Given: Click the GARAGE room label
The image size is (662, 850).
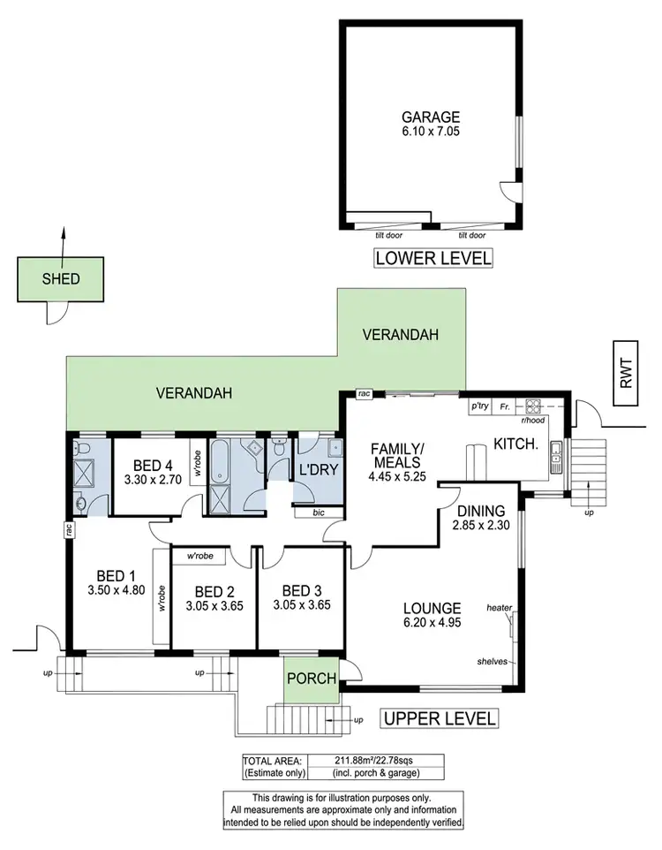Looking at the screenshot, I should [433, 116].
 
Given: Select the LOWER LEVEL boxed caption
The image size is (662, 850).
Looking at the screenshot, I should [433, 259].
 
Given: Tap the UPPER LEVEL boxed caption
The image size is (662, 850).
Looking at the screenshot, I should [439, 718].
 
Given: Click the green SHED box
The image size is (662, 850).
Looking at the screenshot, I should [62, 279].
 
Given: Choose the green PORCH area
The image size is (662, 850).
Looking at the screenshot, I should [310, 679].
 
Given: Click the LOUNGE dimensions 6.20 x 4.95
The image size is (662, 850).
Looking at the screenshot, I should [432, 623].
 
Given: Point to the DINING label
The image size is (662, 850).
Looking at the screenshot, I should [480, 511].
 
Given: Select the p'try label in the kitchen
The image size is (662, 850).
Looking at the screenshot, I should [480, 406].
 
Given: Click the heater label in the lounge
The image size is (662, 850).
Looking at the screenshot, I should [499, 607].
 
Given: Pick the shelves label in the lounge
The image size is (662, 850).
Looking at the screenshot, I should [492, 660].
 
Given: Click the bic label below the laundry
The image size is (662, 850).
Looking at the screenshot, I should [319, 512].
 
